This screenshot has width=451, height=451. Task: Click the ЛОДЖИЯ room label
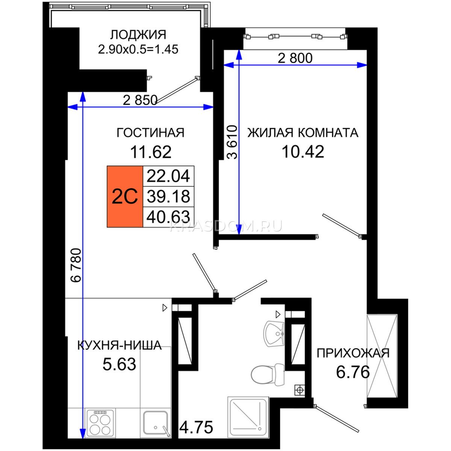point(138,35)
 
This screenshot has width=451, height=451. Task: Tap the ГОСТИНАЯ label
point(150,133)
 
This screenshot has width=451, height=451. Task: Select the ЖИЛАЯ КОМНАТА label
point(303,133)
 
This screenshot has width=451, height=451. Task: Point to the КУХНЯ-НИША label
point(120,345)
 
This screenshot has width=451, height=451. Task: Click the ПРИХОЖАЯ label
point(353,353)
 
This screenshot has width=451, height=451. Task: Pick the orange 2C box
point(125,197)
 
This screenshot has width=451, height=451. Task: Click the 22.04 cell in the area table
point(168,176)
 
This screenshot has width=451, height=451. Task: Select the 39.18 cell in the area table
point(168,197)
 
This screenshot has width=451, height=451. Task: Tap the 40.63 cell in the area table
point(168,217)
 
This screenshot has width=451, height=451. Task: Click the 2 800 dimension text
point(295,58)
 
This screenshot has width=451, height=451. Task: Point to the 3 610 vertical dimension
point(233,142)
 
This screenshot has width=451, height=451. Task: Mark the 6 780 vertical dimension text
point(76,265)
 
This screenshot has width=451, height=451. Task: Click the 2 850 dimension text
point(140,100)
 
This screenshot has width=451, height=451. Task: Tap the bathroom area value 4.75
point(196,427)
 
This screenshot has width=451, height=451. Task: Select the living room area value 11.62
point(151,152)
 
